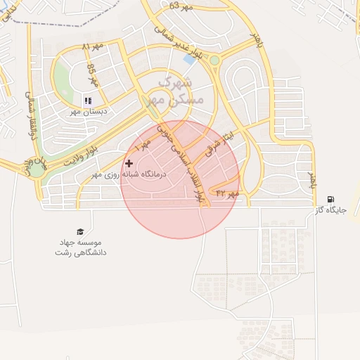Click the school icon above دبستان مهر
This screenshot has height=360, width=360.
click(x=88, y=101)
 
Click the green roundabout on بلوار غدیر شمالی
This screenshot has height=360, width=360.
click(x=214, y=60)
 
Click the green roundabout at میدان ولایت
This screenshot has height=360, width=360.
click(x=36, y=169)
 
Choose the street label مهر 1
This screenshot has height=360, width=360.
click(x=143, y=148)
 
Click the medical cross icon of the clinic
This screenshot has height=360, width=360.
click(x=128, y=162)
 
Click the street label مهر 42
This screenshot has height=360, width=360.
click(x=228, y=192)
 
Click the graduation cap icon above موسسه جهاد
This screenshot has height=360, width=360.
click(x=79, y=231)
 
